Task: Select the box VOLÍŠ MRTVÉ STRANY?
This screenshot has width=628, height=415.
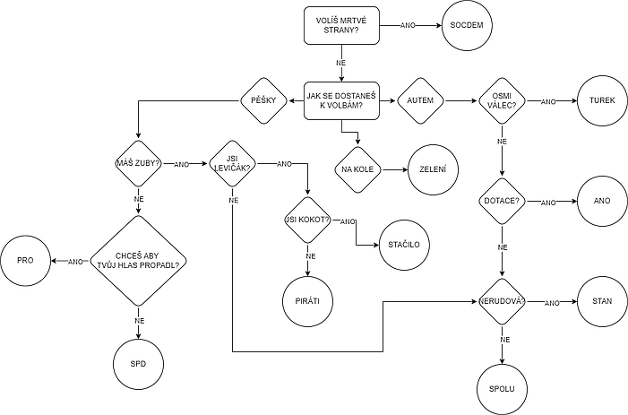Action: pyautogui.click(x=340, y=26)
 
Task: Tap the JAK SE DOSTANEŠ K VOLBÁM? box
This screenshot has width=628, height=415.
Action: pyautogui.click(x=340, y=99)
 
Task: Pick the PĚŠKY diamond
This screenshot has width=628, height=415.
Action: pyautogui.click(x=262, y=99)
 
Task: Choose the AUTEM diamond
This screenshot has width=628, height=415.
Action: pyautogui.click(x=419, y=99)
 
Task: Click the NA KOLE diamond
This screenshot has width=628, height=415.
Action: pyautogui.click(x=357, y=169)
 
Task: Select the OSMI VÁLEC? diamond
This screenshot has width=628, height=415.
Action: pyautogui.click(x=502, y=100)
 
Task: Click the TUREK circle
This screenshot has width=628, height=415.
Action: pyautogui.click(x=601, y=100)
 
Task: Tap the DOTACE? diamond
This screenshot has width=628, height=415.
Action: pyautogui.click(x=502, y=201)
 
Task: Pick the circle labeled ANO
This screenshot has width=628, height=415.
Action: pyautogui.click(x=601, y=201)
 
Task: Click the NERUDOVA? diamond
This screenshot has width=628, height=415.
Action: pyautogui.click(x=502, y=302)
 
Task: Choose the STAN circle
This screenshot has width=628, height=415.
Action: pyautogui.click(x=601, y=302)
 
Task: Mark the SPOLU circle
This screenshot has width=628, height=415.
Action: pyautogui.click(x=502, y=388)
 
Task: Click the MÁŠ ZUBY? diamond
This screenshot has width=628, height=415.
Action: pyautogui.click(x=139, y=163)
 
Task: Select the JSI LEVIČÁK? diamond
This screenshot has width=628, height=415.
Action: pyautogui.click(x=231, y=164)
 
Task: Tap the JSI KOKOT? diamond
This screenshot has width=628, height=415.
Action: pyautogui.click(x=307, y=220)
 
